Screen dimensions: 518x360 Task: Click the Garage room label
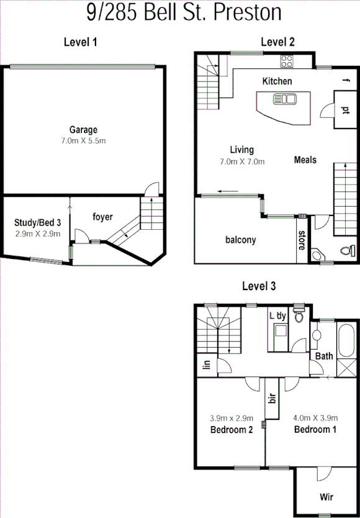pyautogui.click(x=83, y=130)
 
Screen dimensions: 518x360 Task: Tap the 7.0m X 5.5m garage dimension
pyautogui.click(x=83, y=141)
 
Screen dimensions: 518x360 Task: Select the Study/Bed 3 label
pyautogui.click(x=38, y=222)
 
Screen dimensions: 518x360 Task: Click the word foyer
pyautogui.click(x=103, y=217)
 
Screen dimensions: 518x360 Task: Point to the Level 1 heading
pyautogui.click(x=81, y=42)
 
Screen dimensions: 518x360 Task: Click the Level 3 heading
pyautogui.click(x=259, y=286)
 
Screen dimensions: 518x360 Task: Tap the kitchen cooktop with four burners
pyautogui.click(x=287, y=61)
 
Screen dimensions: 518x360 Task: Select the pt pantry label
pyautogui.click(x=345, y=109)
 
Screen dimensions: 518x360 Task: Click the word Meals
pyautogui.click(x=305, y=160)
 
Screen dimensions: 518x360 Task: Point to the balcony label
pyautogui.click(x=241, y=240)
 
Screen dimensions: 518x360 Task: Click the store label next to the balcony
pyautogui.click(x=302, y=240)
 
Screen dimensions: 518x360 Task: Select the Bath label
pyautogui.click(x=324, y=357)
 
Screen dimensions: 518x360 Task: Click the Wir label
pyautogui.click(x=326, y=498)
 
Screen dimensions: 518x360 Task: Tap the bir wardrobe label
pyautogui.click(x=271, y=398)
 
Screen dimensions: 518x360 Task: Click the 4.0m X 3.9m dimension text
pyautogui.click(x=315, y=418)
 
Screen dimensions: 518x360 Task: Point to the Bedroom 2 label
pyautogui.click(x=231, y=430)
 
